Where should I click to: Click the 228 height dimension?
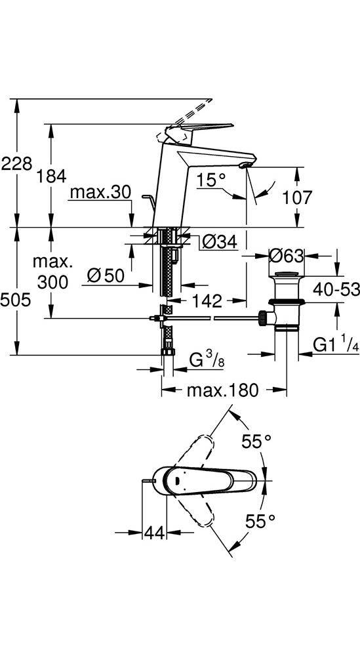[16, 163]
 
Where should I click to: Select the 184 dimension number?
[50, 176]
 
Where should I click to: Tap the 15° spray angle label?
[211, 180]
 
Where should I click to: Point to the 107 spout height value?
[297, 197]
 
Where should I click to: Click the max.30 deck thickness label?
[100, 192]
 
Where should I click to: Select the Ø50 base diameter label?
[106, 276]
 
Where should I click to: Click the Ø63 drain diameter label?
[287, 256]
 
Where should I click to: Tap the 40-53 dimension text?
[336, 289]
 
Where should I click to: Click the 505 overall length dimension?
[16, 300]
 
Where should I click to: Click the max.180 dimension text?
[223, 390]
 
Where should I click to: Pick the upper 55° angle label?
[257, 441]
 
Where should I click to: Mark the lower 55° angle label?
[260, 521]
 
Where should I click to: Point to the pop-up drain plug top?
[287, 274]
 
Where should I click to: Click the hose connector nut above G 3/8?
[168, 352]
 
